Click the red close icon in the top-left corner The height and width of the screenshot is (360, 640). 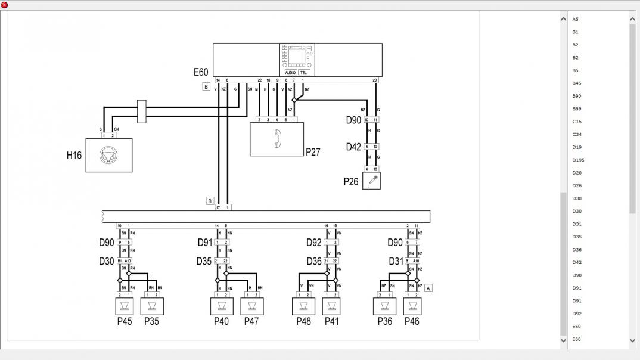tap(4, 5)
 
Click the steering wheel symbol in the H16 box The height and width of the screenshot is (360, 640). tap(108, 155)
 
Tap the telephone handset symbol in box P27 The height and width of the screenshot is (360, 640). tap(276, 138)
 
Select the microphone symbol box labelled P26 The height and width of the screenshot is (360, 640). tap(371, 181)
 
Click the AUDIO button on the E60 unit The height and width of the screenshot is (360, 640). tap(290, 72)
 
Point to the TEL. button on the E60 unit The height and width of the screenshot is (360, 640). tap(303, 72)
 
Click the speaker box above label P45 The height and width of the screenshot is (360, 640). tap(124, 306)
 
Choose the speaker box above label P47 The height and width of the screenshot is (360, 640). tap(251, 306)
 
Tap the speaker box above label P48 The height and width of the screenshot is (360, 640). tap(303, 306)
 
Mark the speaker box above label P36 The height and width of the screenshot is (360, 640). tap(384, 306)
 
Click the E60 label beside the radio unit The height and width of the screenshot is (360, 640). tap(201, 72)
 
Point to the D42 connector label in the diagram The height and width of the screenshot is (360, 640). tap(354, 147)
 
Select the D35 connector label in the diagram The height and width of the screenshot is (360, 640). tap(204, 261)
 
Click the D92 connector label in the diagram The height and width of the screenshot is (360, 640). tap(314, 243)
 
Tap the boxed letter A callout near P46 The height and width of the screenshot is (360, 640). tap(428, 288)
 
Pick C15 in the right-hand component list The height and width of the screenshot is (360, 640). tap(576, 122)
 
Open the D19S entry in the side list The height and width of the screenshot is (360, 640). tap(578, 160)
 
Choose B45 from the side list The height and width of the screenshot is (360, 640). tap(576, 83)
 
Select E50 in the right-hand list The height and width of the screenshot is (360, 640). tap(576, 327)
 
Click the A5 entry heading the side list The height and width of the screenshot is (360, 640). tap(575, 19)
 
